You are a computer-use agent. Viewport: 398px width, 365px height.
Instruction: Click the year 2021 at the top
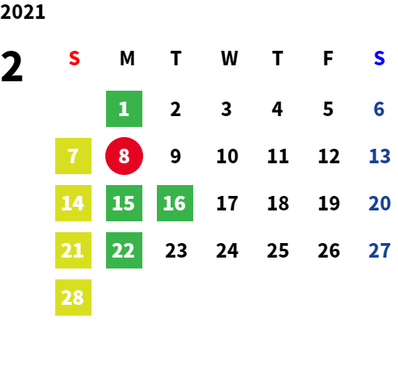23,12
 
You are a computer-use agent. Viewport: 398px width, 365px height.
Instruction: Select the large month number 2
12,66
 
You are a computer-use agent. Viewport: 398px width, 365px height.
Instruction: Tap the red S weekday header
74,58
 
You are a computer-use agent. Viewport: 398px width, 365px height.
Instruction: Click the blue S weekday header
379,58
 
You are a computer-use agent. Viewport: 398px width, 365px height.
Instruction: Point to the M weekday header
127,58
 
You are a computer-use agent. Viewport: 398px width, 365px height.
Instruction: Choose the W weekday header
230,58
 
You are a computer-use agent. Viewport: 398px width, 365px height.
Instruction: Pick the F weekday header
328,58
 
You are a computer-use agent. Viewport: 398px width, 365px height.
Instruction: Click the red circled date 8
124,156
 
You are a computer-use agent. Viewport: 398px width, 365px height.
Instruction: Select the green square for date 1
124,109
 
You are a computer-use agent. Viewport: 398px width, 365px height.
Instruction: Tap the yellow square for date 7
73,156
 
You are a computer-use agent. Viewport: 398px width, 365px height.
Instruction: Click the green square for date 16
175,203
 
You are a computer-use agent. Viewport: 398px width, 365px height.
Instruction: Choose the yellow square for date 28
73,298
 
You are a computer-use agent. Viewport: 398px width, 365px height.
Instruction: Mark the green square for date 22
124,250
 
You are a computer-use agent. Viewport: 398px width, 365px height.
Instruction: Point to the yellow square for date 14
73,203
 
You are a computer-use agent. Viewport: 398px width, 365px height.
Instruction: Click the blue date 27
379,250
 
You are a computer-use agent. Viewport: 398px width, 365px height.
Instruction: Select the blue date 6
379,109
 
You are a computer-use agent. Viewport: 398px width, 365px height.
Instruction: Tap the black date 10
227,156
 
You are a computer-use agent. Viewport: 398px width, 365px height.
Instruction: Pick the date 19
329,203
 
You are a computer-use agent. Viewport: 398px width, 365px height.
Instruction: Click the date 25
278,250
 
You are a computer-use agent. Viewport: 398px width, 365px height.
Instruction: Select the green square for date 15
124,203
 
